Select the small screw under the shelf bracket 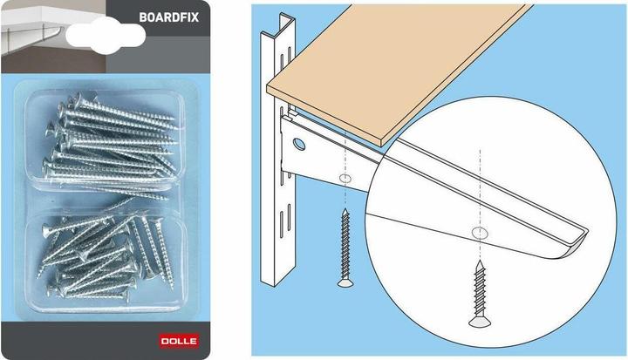click(344, 248)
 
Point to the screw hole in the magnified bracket click(480, 233)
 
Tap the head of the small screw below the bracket click(344, 282)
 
